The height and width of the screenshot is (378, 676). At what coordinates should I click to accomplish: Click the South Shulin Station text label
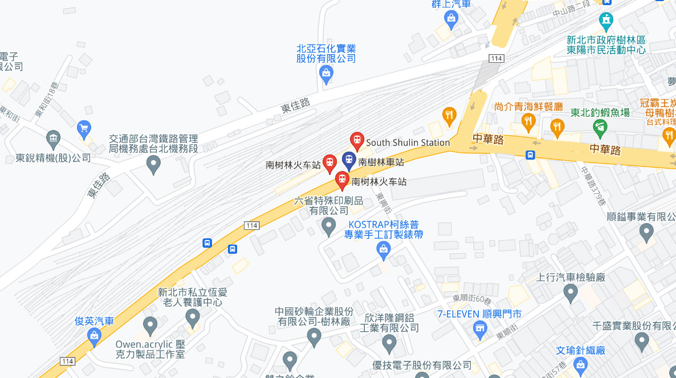[x=408, y=143]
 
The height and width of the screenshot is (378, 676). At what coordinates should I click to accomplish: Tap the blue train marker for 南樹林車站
[x=349, y=161]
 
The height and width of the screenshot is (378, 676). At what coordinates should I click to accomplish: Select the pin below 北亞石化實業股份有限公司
[x=326, y=74]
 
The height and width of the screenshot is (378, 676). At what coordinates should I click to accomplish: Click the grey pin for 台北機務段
[x=153, y=164]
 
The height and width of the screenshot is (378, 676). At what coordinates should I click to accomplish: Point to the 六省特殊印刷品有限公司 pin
[x=328, y=227]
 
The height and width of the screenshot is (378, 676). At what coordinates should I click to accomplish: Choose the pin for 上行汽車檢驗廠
[x=571, y=294]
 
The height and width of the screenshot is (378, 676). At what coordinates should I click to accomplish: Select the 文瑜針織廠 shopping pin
[x=580, y=365]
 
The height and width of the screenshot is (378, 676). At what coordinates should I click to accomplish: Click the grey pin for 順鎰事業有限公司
[x=646, y=232]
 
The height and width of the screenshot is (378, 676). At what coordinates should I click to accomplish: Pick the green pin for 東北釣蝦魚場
[x=600, y=127]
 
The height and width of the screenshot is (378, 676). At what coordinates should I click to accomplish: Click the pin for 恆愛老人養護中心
[x=193, y=317]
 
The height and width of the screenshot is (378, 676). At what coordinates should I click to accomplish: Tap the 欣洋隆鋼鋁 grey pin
[x=389, y=343]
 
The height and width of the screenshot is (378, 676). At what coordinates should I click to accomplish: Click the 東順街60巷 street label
[x=472, y=298]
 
